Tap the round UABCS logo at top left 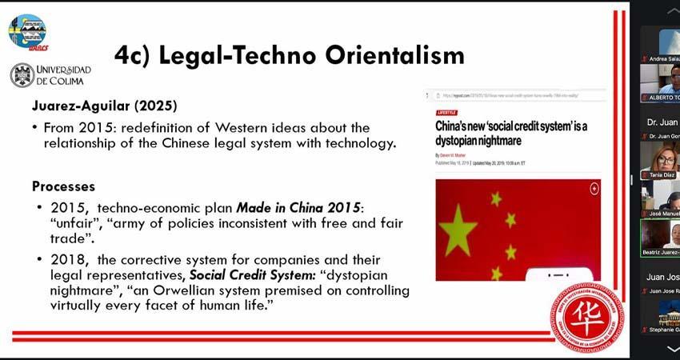(26, 31)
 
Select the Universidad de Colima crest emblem (22, 75)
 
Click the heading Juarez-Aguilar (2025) (104, 106)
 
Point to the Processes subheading (63, 186)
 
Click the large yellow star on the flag (458, 230)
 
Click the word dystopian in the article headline (469, 141)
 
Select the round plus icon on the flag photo (594, 189)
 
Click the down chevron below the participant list (670, 350)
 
